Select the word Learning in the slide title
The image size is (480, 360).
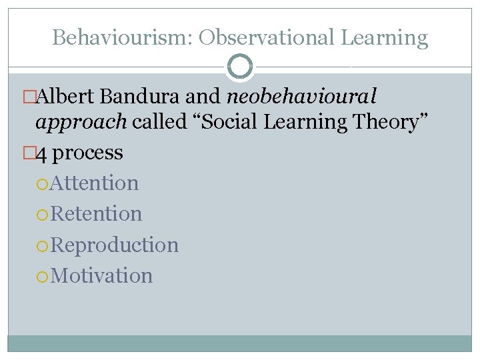pos(385,37)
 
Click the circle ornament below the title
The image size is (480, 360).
pos(240,67)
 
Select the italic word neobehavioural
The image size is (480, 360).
pos(301,97)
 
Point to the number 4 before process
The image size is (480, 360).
pos(41,153)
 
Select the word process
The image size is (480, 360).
pos(87,153)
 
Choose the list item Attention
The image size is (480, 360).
pos(94,183)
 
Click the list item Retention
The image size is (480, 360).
pos(96,214)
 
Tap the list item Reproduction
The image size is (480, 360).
pos(114,245)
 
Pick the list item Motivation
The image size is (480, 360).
pos(101,275)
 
